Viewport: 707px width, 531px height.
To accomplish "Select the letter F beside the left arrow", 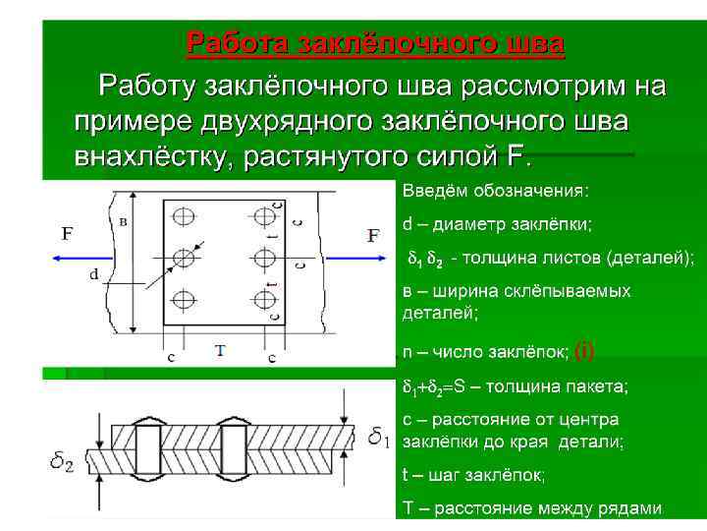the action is coord(67,234).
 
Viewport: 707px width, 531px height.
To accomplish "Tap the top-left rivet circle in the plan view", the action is coord(184,215).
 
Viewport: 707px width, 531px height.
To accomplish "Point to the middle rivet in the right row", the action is coord(262,257).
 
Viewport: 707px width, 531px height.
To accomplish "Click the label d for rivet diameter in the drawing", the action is coord(94,274).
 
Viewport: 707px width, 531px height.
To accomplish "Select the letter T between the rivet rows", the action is coord(219,351).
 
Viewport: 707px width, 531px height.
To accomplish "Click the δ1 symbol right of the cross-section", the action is coord(379,434).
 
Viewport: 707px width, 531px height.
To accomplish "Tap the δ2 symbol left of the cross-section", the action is coord(61,460).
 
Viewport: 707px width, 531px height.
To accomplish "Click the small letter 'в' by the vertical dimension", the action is coord(122,221).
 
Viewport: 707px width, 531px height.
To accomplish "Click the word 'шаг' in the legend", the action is coord(439,475).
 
